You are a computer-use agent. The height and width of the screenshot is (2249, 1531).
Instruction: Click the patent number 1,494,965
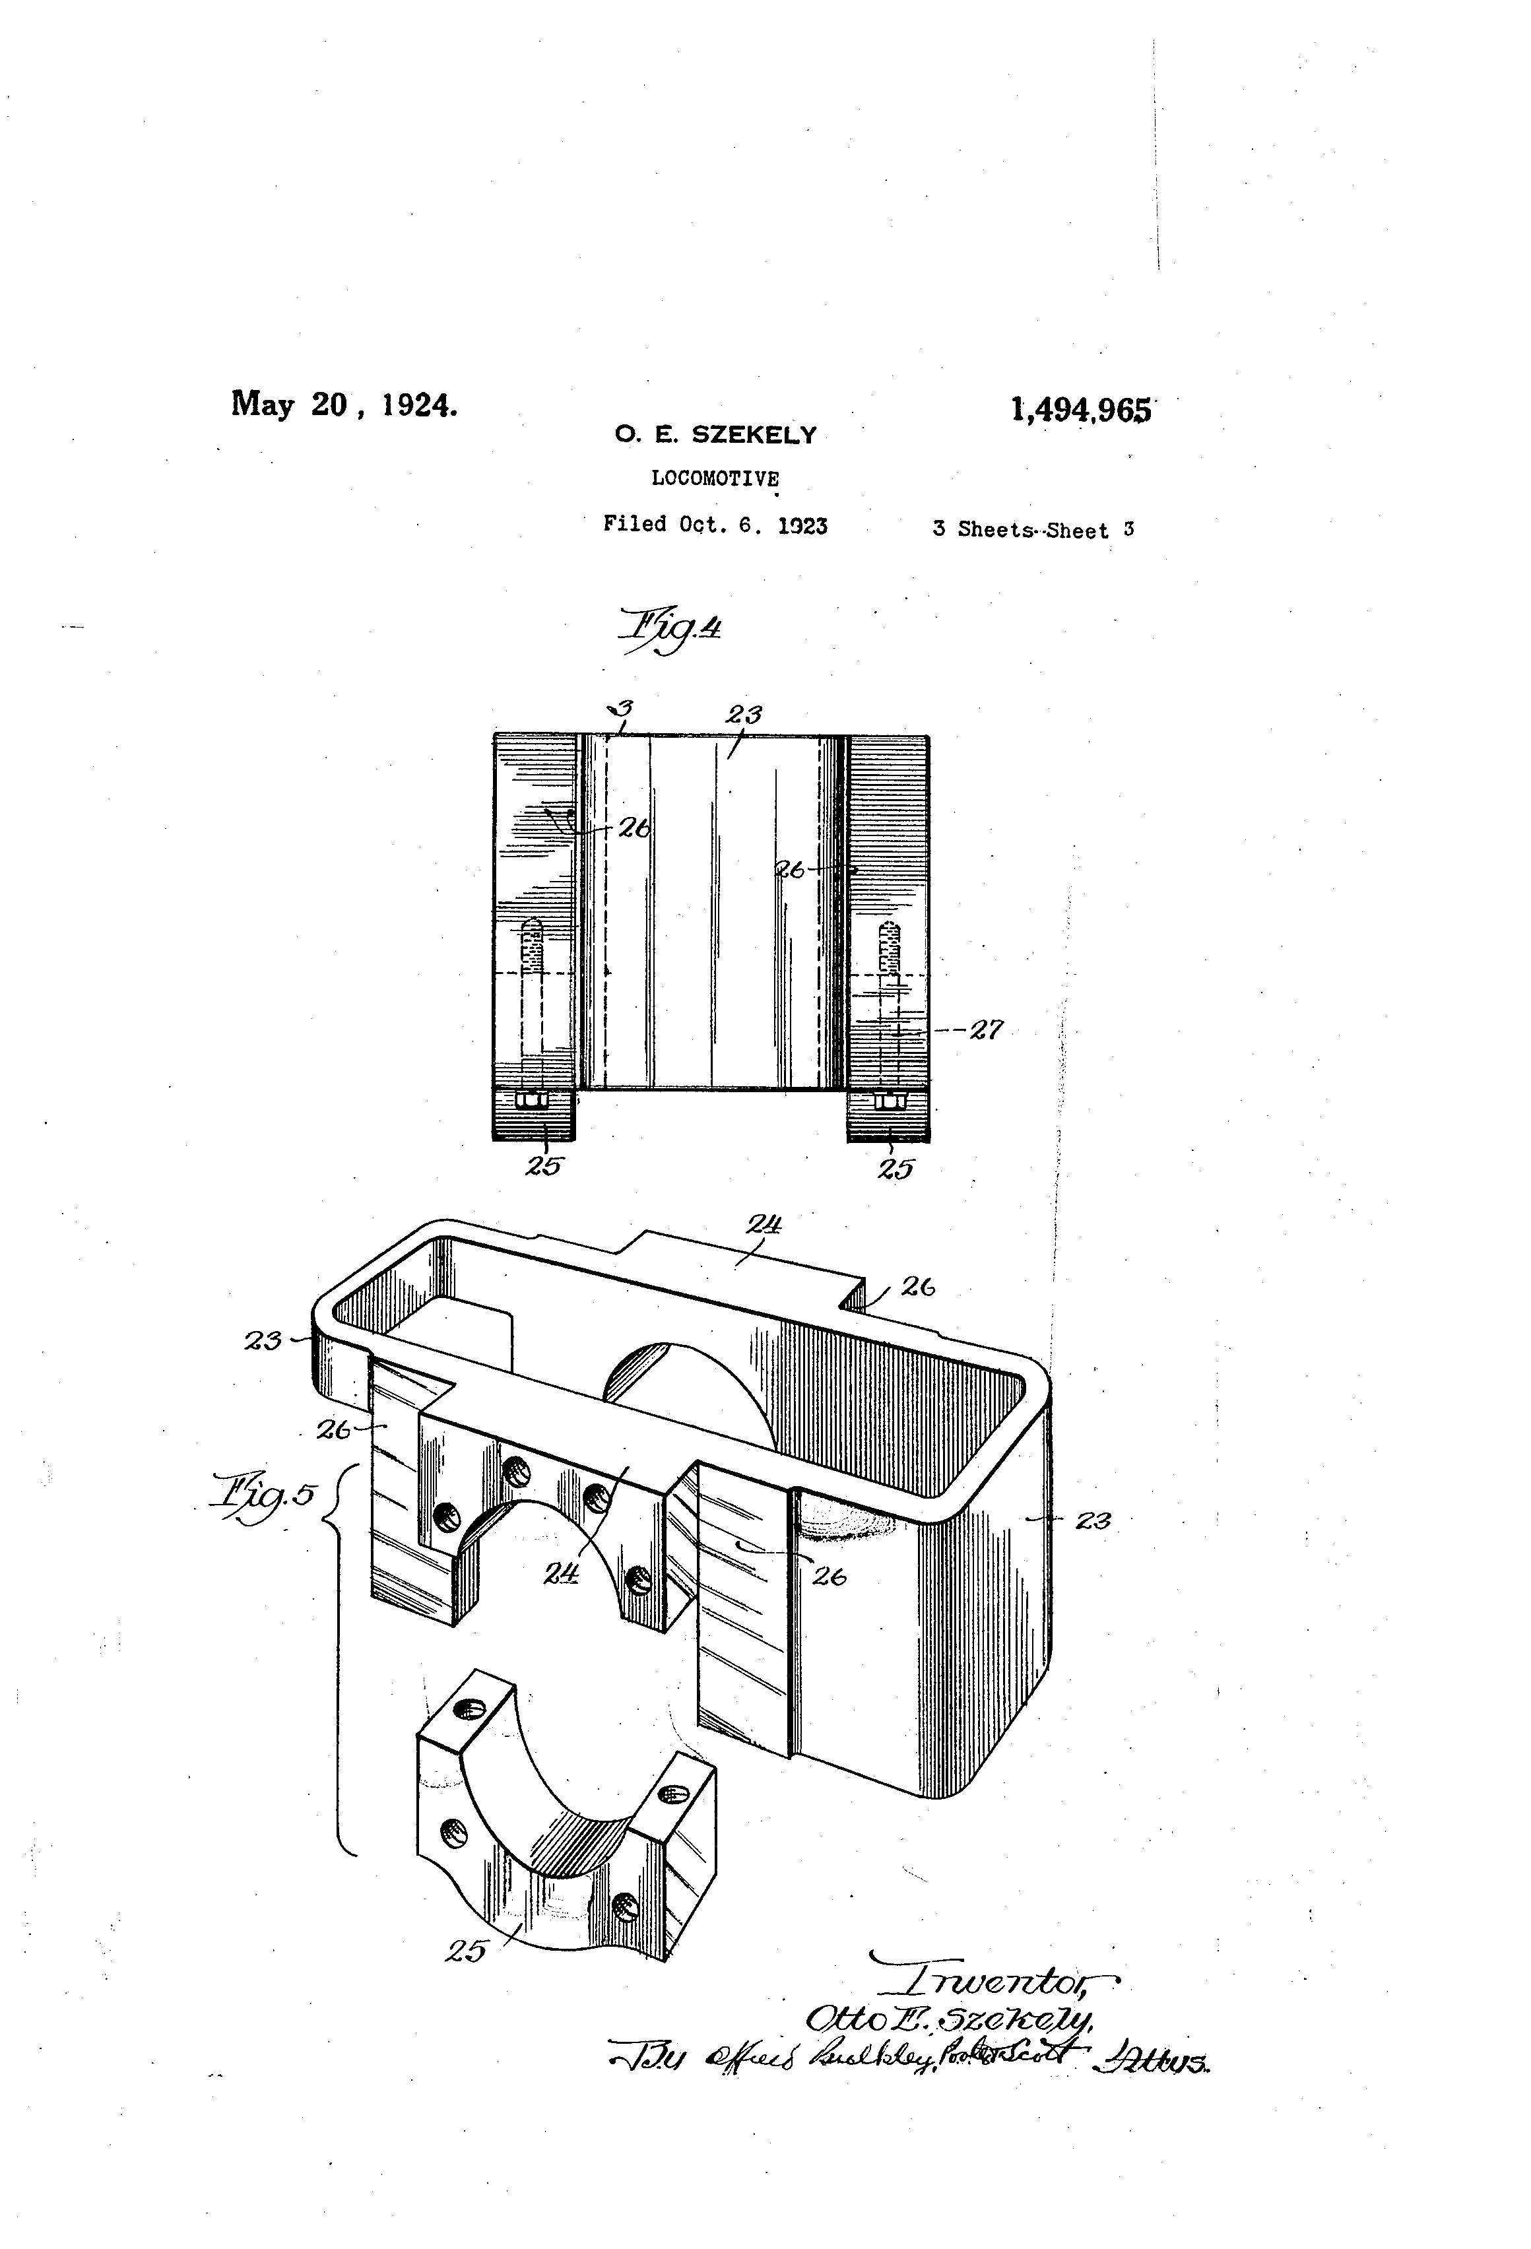point(1081,410)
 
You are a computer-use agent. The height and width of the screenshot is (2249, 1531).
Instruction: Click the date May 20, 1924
point(344,404)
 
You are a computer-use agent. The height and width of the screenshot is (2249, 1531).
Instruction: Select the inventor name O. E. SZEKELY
point(715,436)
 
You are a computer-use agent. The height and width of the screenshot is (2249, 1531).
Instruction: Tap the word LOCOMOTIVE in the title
point(715,478)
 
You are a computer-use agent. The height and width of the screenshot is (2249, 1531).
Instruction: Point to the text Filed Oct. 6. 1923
point(715,525)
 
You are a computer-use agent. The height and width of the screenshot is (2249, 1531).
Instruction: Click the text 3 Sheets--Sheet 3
point(1033,529)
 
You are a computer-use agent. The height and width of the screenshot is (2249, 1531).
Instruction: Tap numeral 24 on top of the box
point(764,1225)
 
